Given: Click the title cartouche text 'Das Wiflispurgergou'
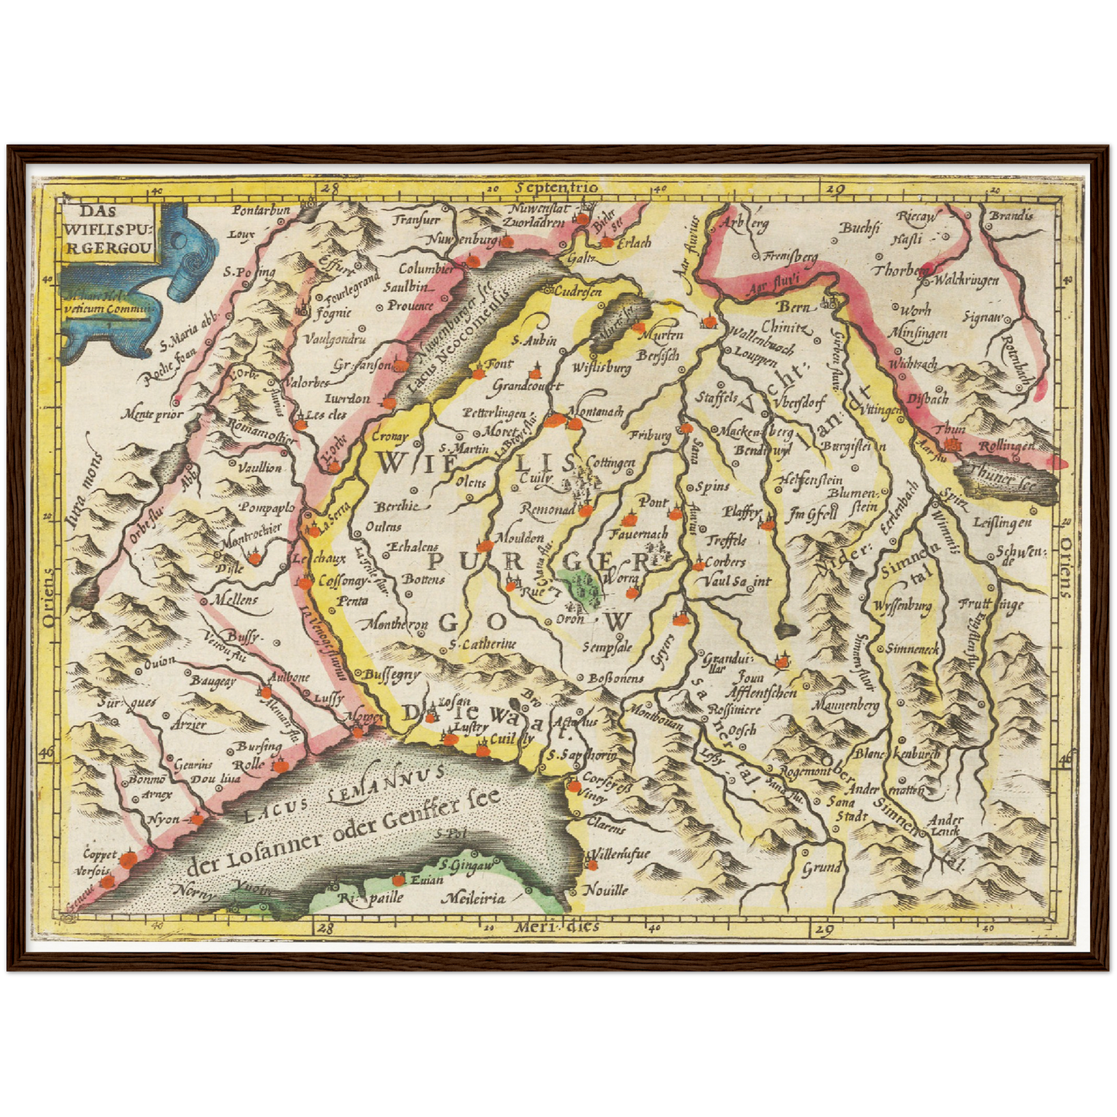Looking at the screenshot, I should click(x=109, y=229).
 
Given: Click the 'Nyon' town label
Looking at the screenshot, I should click(x=163, y=819).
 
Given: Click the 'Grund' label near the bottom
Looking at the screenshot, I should click(x=821, y=867).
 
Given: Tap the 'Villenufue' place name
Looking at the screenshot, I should click(x=620, y=853).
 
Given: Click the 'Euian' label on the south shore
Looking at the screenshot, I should click(x=427, y=880).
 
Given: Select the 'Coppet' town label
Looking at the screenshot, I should click(x=100, y=854).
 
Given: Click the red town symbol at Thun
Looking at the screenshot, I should click(x=953, y=445).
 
